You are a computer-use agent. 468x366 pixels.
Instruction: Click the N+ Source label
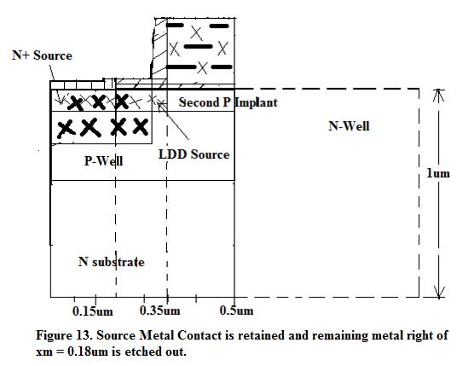point(42,55)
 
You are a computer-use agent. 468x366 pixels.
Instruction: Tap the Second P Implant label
point(228,102)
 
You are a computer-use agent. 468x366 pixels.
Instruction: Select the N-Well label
point(349,126)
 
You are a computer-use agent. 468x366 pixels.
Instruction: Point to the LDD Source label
point(194,154)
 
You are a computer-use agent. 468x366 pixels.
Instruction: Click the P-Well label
point(103,161)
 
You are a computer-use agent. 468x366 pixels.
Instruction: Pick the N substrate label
point(112,262)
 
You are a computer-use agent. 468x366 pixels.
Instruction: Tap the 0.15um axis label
point(93,311)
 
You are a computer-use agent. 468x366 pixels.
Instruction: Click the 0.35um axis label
point(160,311)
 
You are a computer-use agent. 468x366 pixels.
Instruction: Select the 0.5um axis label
point(236,311)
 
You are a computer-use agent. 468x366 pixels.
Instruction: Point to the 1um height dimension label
point(438,173)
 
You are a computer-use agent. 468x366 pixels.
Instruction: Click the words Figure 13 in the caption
point(64,335)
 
